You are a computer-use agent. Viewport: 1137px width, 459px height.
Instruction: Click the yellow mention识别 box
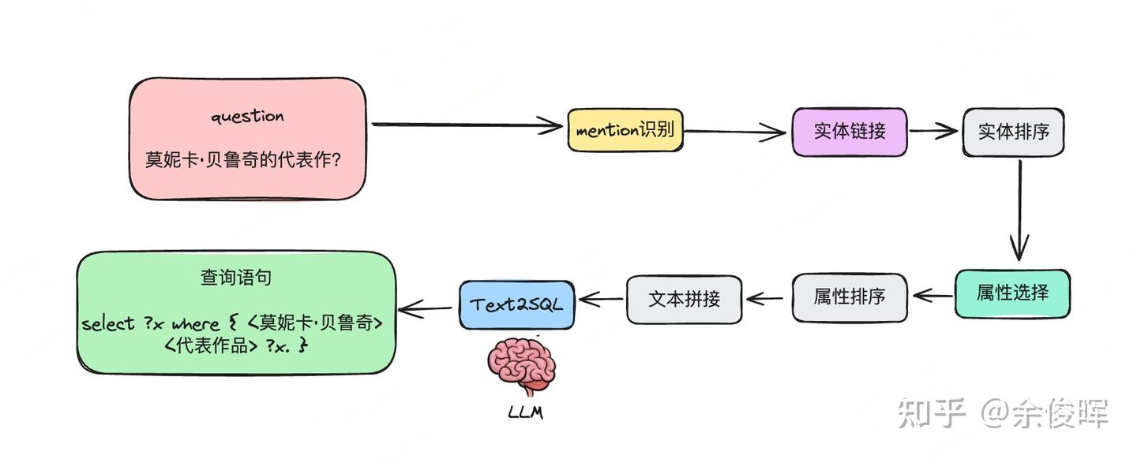pyautogui.click(x=625, y=130)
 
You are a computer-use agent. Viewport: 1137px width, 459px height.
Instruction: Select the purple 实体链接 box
pyautogui.click(x=850, y=132)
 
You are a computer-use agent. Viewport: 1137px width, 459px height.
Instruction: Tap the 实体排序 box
pyautogui.click(x=1013, y=132)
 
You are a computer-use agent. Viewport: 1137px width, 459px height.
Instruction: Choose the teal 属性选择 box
pyautogui.click(x=1012, y=293)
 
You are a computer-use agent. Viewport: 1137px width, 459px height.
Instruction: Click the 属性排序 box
pyautogui.click(x=849, y=297)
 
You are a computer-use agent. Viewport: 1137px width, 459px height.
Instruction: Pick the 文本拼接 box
pyautogui.click(x=684, y=299)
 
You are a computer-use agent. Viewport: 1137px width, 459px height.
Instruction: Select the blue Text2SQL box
pyautogui.click(x=517, y=304)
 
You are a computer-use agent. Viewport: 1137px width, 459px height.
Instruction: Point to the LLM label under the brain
pyautogui.click(x=525, y=412)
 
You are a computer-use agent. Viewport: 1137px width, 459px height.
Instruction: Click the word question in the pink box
pyautogui.click(x=247, y=116)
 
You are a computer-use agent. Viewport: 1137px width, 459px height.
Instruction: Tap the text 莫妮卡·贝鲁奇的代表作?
pyautogui.click(x=242, y=160)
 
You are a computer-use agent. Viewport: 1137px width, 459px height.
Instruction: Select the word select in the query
pyautogui.click(x=107, y=323)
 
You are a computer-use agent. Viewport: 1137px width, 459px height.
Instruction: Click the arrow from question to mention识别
pyautogui.click(x=466, y=124)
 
